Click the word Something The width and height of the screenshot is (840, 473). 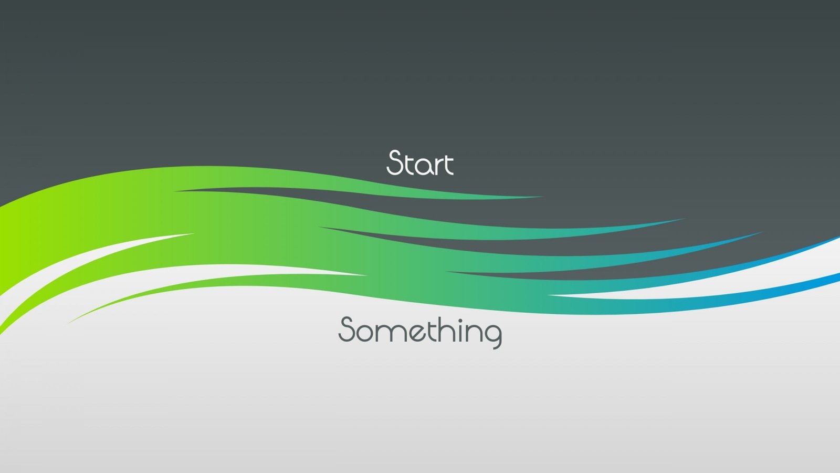click(420, 331)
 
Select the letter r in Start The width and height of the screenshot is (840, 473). click(435, 166)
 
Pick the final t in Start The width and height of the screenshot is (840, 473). click(447, 164)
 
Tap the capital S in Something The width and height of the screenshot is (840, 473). click(347, 330)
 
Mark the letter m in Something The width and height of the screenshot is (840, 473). click(386, 333)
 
